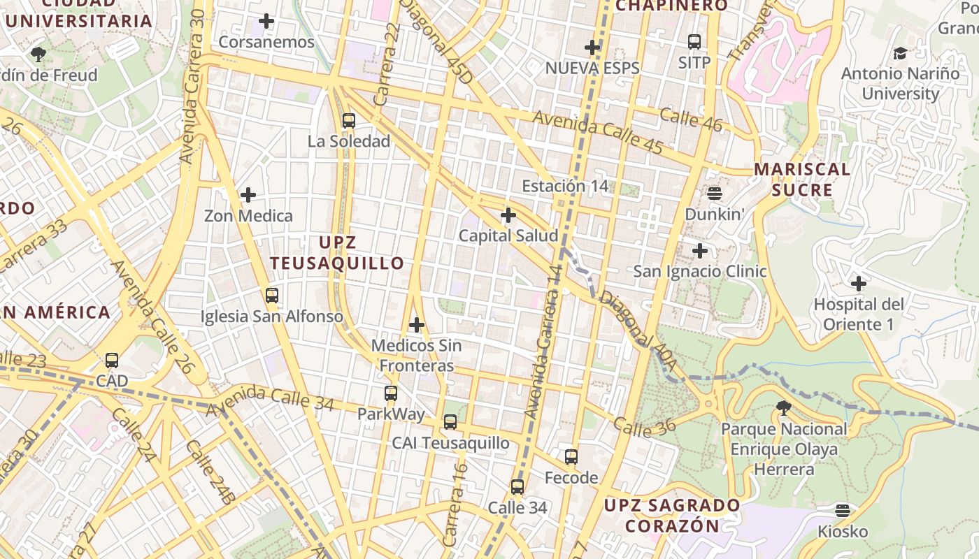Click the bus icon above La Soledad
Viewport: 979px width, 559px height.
[x=349, y=121]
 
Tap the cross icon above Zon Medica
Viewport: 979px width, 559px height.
[x=248, y=195]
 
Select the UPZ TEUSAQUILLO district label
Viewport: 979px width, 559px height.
[x=337, y=253]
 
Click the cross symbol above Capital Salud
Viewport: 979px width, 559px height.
[x=508, y=215]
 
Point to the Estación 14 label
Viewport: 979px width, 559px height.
[x=565, y=187]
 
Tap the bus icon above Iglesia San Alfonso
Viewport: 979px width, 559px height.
[x=272, y=296]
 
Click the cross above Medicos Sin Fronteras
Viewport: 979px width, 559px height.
[x=417, y=325]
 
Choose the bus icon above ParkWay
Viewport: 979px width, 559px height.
[x=391, y=393]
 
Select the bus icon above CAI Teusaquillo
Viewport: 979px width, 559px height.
[x=450, y=422]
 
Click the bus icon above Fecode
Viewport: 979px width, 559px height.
[x=571, y=457]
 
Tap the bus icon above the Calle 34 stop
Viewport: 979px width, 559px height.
[x=517, y=487]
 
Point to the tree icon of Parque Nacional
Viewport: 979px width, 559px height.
[x=784, y=407]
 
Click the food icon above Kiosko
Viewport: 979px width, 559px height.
[x=843, y=511]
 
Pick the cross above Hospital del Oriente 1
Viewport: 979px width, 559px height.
[x=859, y=284]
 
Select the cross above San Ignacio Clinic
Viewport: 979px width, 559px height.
[x=700, y=251]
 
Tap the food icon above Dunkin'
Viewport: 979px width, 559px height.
[x=714, y=193]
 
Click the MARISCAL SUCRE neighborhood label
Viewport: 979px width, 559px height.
[x=802, y=180]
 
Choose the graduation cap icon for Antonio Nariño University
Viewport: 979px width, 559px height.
[x=900, y=53]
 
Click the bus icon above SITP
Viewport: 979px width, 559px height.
[x=694, y=42]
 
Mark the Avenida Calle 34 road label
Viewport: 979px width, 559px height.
[x=270, y=400]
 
